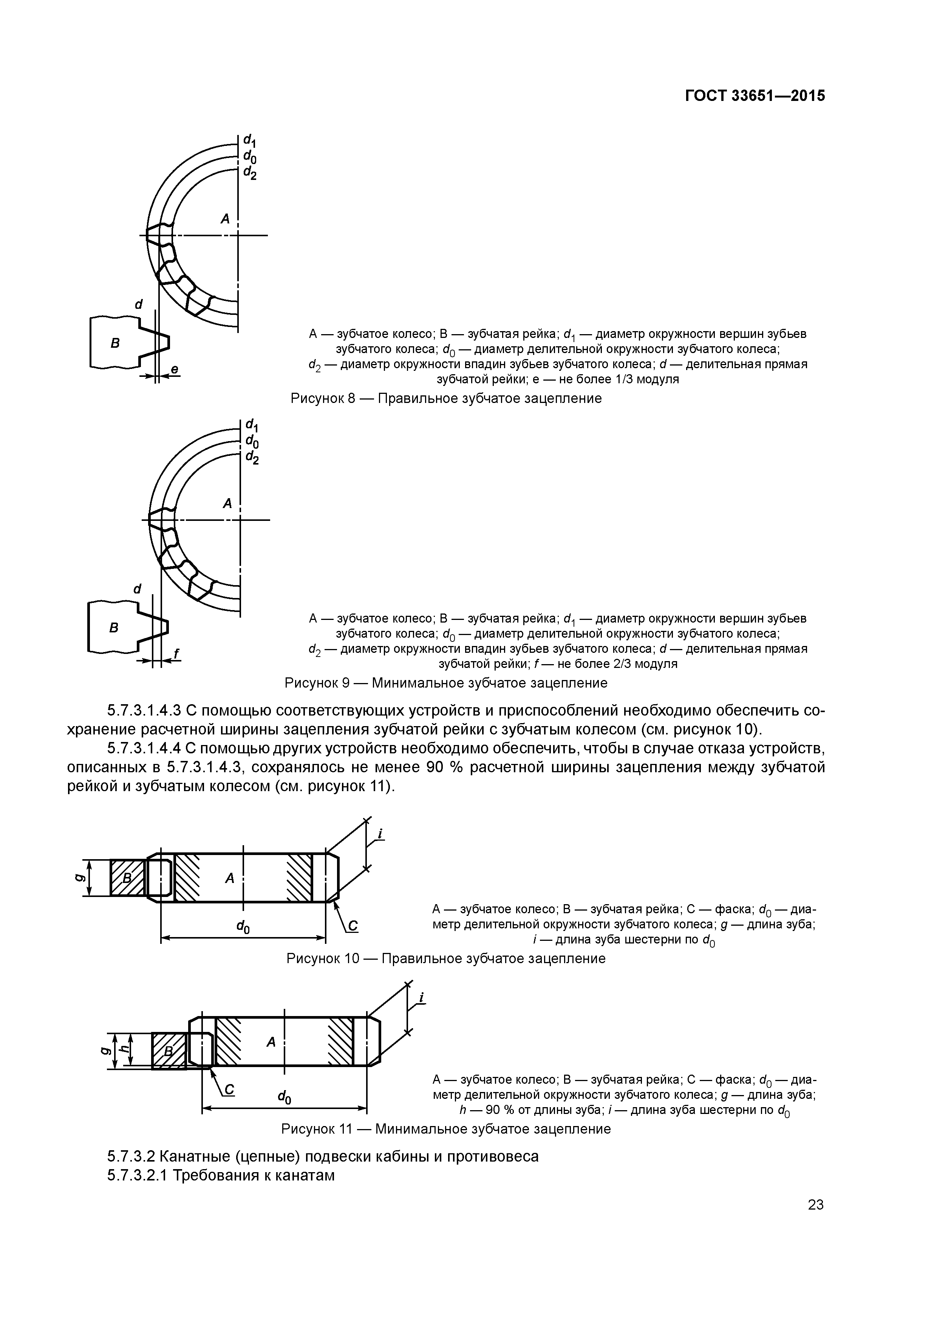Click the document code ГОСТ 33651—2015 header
pyautogui.click(x=755, y=96)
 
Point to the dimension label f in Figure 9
pyautogui.click(x=176, y=653)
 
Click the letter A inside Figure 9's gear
pyautogui.click(x=227, y=503)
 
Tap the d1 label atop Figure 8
pyautogui.click(x=250, y=140)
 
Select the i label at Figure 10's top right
pyautogui.click(x=380, y=833)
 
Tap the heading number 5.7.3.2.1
pyautogui.click(x=137, y=1175)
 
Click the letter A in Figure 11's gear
pyautogui.click(x=270, y=1042)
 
